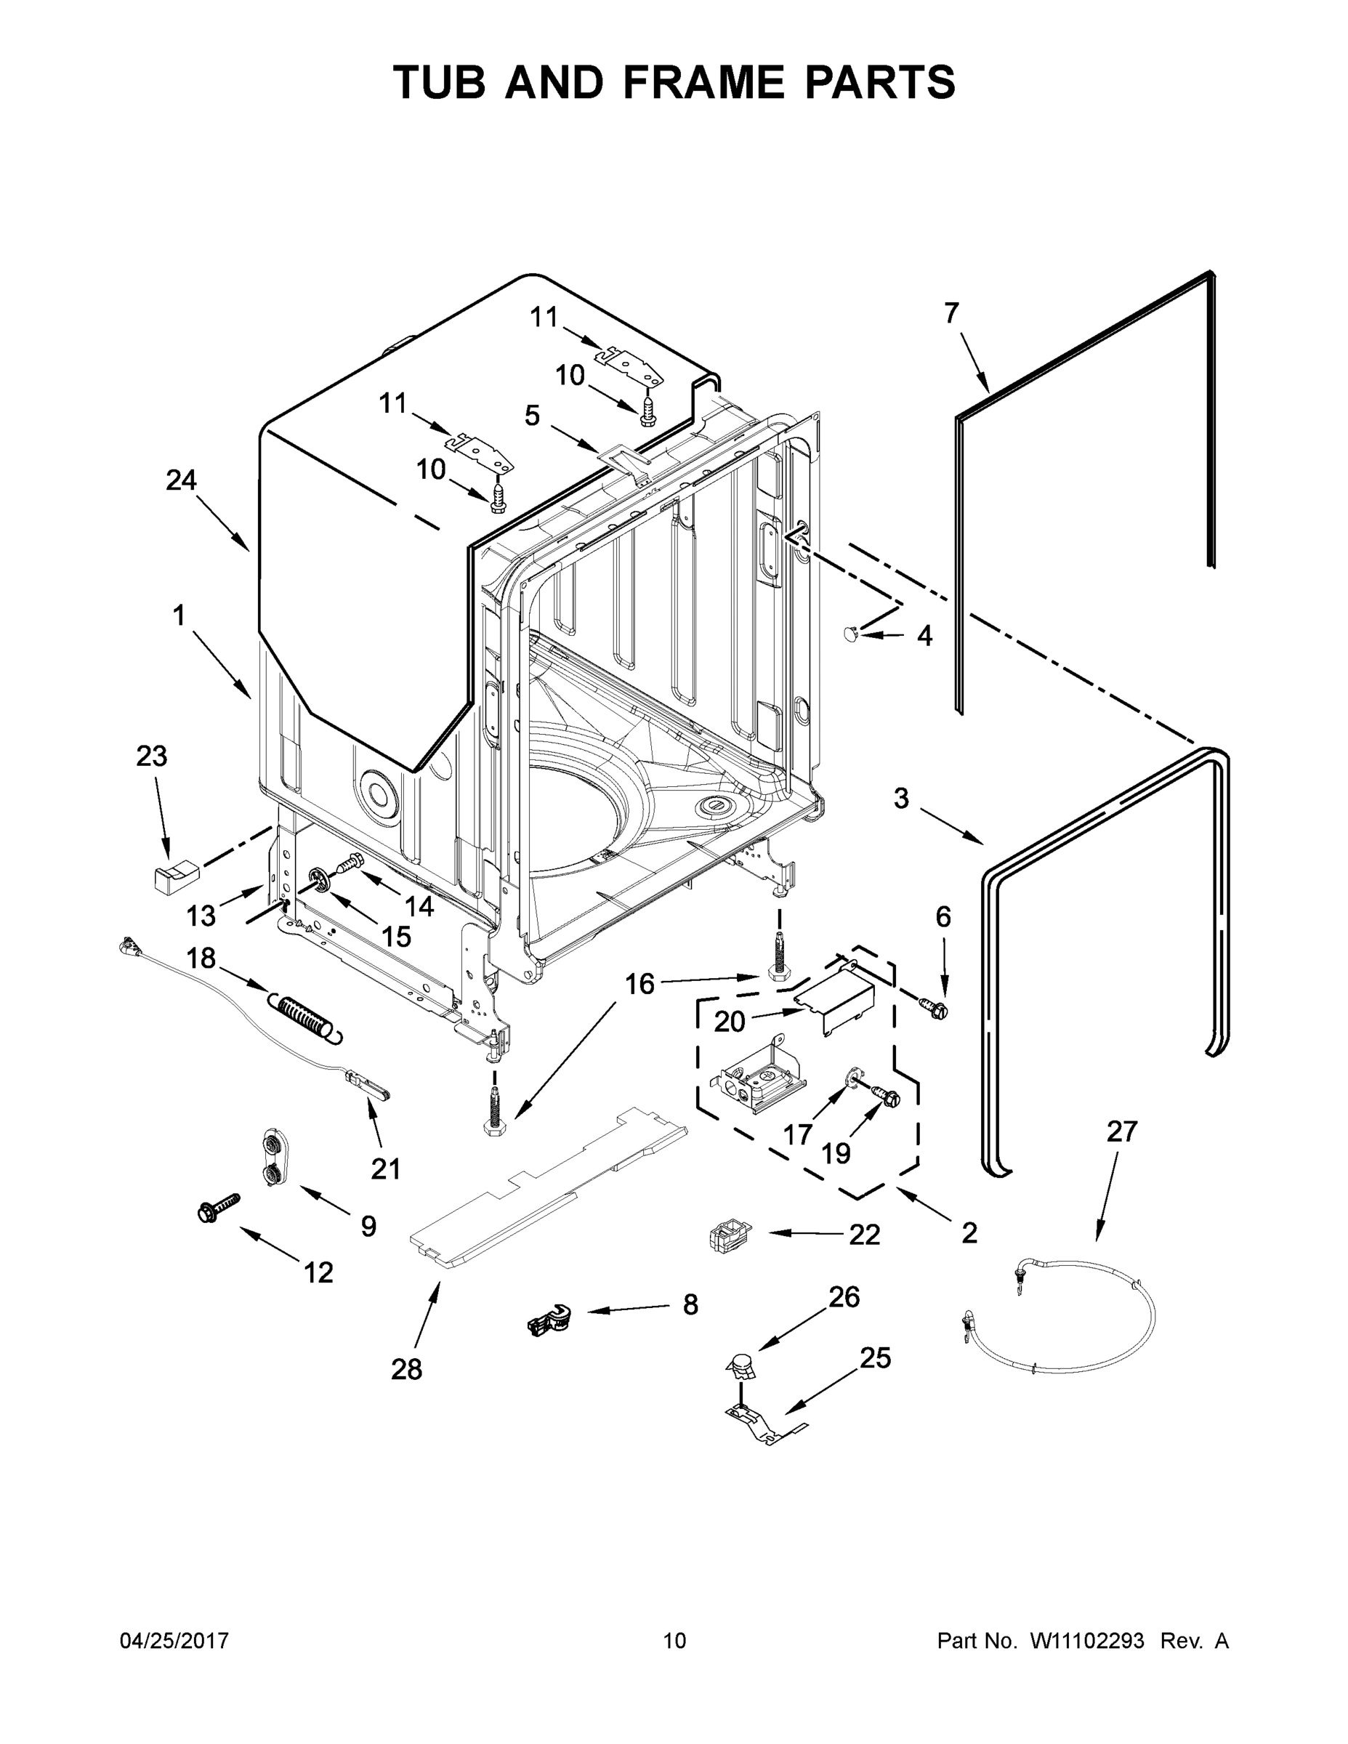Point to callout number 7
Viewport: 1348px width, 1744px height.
point(951,314)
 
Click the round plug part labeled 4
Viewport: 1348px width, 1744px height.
point(851,633)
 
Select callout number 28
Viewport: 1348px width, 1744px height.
point(405,1369)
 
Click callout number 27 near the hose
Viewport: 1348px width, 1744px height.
point(1121,1131)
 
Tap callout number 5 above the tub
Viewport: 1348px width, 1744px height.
point(532,415)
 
